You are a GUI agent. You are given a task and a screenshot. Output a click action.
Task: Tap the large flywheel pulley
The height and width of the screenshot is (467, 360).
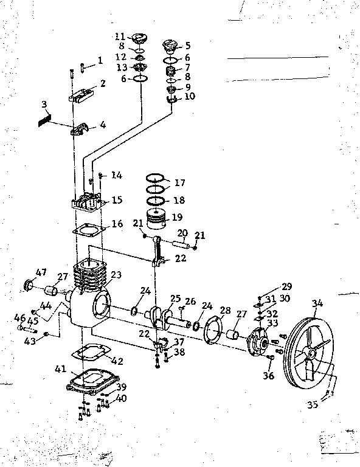coord(311,353)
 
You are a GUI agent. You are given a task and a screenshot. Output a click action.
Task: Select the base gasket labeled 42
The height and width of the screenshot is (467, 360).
coord(91,355)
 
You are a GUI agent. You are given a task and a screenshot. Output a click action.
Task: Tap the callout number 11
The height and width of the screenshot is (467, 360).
coord(121,36)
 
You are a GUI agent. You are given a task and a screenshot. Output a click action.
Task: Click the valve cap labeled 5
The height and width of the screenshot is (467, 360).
coord(170,47)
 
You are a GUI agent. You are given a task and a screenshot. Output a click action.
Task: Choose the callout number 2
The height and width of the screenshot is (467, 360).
coord(103,83)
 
